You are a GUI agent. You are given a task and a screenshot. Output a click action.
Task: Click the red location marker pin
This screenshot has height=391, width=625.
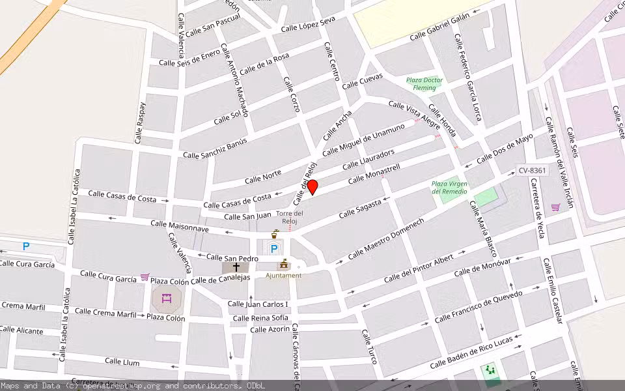point(312,187)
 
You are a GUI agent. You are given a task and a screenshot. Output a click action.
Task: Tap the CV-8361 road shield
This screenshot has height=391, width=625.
point(533,170)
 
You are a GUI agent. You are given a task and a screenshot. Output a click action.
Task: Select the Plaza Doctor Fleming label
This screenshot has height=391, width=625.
point(424,84)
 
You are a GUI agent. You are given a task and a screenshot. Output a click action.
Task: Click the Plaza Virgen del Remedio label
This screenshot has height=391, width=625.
point(450,188)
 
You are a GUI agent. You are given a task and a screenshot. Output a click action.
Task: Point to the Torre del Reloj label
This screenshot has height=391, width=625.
point(290,217)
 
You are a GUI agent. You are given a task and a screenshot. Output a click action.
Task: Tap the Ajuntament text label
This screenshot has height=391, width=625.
point(283,276)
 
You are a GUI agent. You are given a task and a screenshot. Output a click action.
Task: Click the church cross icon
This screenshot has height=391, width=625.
point(236,267)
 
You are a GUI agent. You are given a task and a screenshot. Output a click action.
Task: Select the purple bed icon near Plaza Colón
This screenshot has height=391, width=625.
point(166,298)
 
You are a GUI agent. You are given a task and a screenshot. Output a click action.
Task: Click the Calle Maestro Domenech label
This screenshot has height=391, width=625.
point(385,238)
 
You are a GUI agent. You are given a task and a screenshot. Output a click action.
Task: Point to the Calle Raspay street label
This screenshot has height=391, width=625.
point(140,122)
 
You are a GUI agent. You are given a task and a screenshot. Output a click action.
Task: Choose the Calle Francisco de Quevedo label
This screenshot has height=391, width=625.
point(478,307)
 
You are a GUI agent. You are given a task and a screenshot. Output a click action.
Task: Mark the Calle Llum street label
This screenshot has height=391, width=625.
point(122,361)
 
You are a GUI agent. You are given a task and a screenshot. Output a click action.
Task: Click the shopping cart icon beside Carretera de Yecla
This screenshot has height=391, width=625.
point(555,207)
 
